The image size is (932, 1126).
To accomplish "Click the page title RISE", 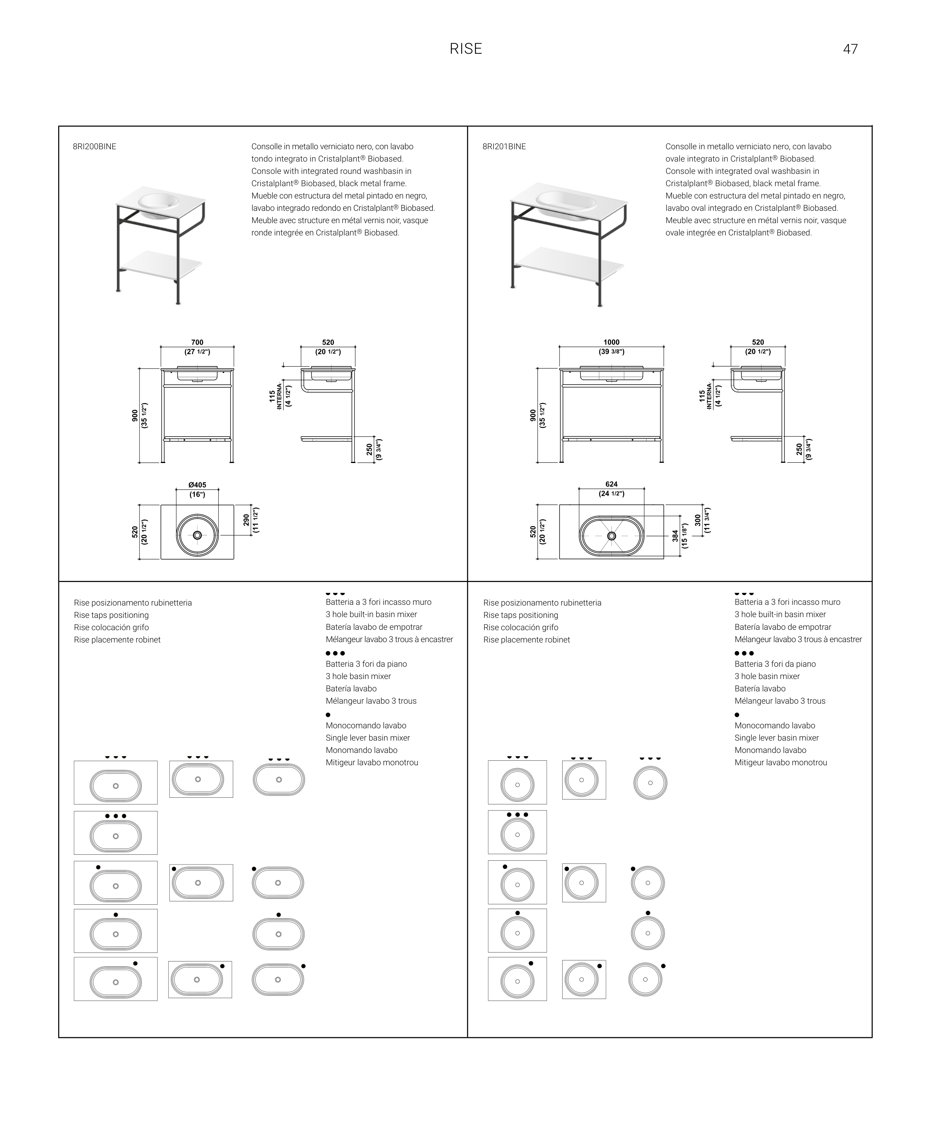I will pos(466,49).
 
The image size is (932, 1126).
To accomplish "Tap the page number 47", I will pos(850,49).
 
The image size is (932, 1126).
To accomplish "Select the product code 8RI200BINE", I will pos(94,146).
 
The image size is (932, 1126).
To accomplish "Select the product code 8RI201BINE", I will pos(504,146).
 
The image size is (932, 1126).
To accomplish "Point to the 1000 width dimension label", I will pos(612,342).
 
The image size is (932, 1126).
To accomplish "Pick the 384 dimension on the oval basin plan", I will pos(675,536).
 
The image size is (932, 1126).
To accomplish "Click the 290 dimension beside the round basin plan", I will pos(246,520).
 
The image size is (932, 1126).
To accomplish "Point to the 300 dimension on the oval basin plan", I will pos(697,520).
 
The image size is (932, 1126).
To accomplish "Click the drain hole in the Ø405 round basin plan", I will pos(197,535).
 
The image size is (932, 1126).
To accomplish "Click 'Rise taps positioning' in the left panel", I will pos(111,615).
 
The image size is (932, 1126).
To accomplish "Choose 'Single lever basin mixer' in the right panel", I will pos(776,738).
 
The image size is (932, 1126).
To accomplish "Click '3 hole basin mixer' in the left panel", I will pos(358,676).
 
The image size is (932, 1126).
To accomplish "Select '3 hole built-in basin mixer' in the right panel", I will pos(780,614).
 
